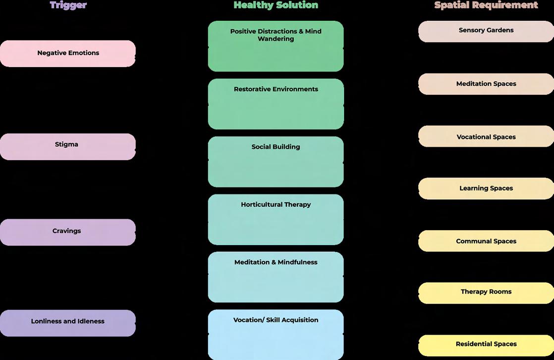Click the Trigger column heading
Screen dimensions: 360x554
68,5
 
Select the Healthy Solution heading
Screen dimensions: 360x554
276,5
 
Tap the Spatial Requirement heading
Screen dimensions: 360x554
486,5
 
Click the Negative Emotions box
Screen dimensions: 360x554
68,54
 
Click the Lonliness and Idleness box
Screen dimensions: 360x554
68,323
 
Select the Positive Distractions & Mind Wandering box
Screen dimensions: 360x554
276,46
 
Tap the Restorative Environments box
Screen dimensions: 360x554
276,104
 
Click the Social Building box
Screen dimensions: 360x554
276,162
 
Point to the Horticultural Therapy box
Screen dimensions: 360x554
276,219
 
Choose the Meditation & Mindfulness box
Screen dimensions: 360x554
276,277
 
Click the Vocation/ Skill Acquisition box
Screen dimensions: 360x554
276,334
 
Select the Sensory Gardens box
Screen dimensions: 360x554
486,31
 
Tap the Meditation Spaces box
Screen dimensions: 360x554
486,84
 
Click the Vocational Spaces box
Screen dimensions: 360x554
486,136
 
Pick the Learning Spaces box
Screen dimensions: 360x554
486,188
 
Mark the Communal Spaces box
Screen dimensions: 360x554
486,241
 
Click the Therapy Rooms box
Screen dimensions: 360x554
486,293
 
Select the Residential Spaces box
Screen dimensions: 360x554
486,345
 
